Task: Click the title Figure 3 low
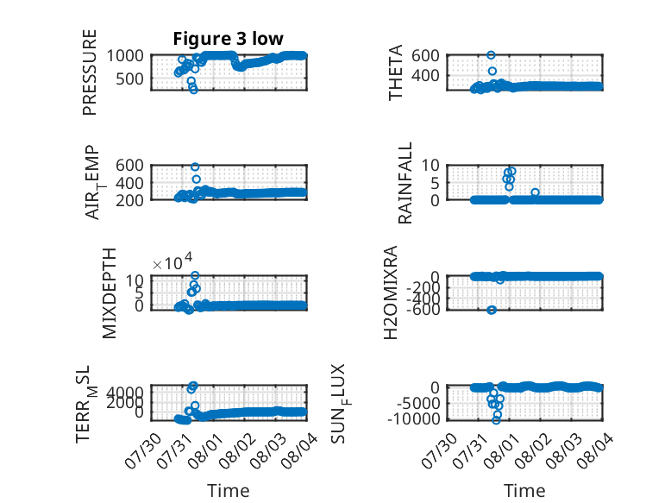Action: coord(228,39)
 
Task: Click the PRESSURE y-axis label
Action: coord(90,72)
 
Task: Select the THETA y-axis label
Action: coord(395,72)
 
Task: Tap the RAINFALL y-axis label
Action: coord(404,183)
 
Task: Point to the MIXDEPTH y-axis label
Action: coord(110,293)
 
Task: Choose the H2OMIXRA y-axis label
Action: coord(391,292)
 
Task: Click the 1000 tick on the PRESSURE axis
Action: coord(125,56)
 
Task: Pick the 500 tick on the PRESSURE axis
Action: coord(129,79)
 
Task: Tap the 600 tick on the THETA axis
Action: coord(425,55)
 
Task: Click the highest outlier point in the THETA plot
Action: coord(491,55)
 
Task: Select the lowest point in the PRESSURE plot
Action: coord(194,90)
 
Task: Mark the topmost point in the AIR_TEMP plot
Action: coord(195,167)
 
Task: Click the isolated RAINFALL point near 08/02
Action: coord(535,192)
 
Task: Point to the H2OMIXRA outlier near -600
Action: coord(492,310)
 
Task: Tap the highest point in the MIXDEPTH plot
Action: coord(195,275)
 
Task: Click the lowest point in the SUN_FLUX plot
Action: coord(496,420)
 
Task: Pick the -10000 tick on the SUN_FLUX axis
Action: coord(413,418)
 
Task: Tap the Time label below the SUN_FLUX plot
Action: coord(524,491)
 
